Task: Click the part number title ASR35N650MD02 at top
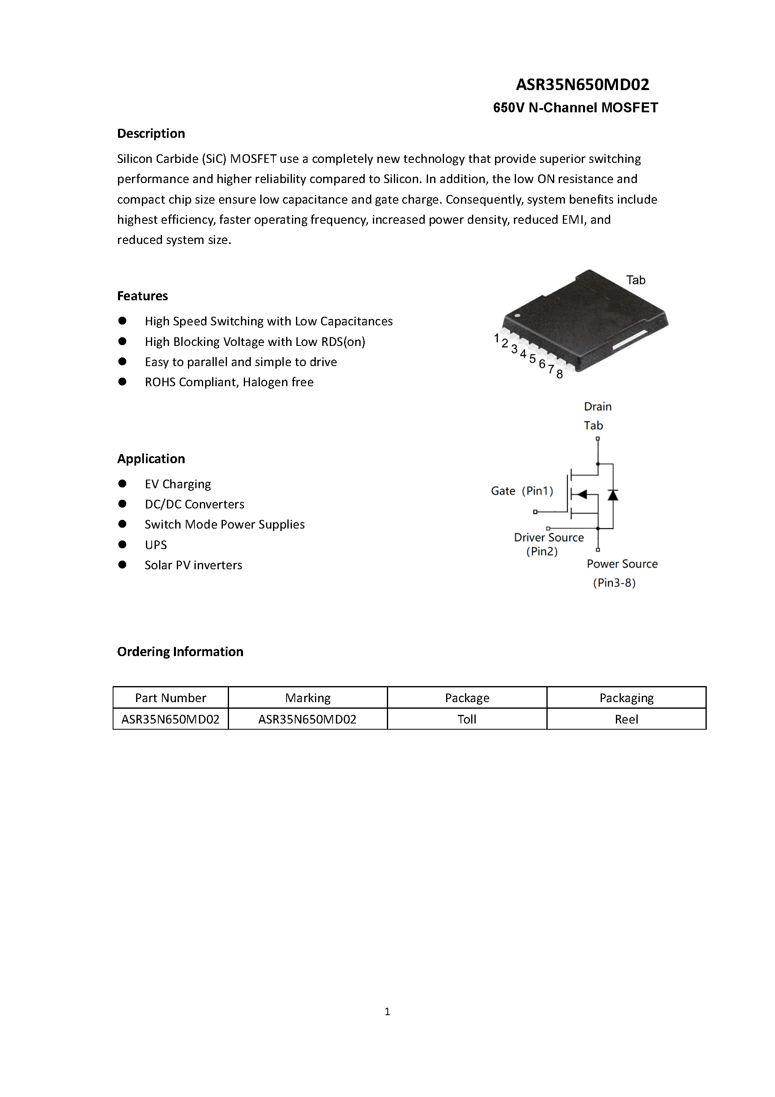[582, 85]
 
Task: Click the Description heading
[151, 133]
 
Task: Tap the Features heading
[142, 296]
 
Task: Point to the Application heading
[151, 459]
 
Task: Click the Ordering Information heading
[180, 652]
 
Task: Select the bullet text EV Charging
[178, 484]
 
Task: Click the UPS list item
[156, 545]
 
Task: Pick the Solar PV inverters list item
[193, 565]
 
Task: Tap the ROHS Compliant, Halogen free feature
[229, 382]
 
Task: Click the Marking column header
[308, 698]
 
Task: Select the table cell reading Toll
[467, 719]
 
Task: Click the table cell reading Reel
[626, 719]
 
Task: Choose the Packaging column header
[626, 698]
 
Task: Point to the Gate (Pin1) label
[521, 491]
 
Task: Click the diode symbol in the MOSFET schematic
[613, 495]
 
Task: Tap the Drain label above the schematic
[597, 407]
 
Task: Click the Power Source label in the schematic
[622, 564]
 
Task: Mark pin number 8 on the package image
[560, 375]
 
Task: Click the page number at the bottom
[387, 1011]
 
